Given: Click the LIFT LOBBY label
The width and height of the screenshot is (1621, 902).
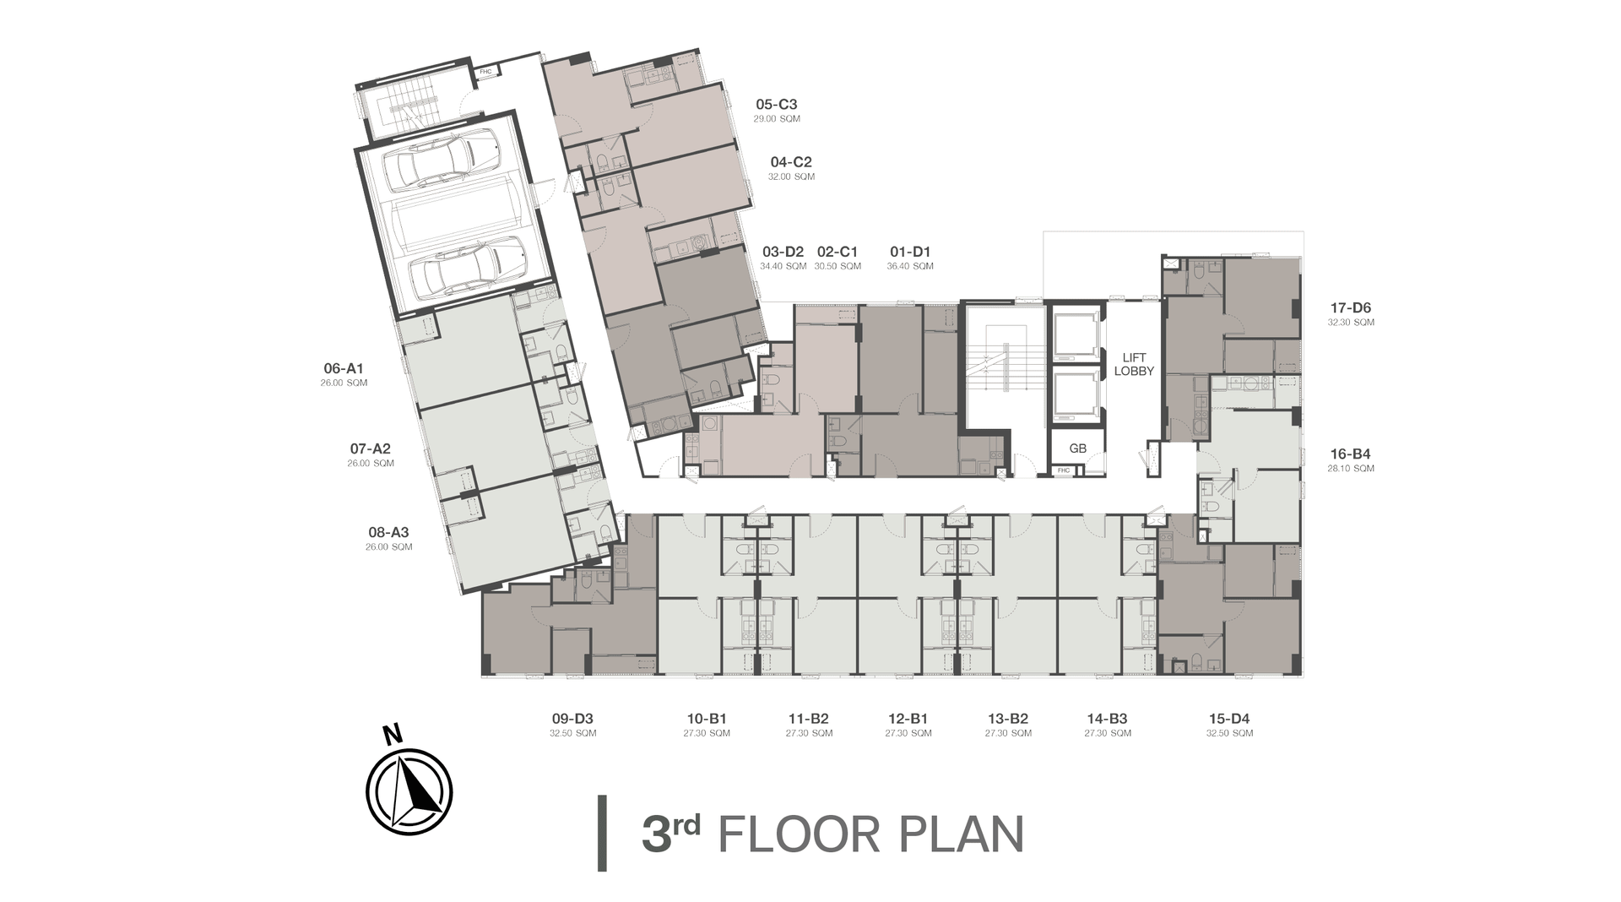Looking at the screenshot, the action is tap(1134, 364).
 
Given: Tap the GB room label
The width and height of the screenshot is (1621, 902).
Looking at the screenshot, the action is tap(1077, 448).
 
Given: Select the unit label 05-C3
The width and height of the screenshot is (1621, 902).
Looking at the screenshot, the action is tap(777, 105).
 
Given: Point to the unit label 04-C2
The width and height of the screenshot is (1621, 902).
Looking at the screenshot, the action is tap(791, 162).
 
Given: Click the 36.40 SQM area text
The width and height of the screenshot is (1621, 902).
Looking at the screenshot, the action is tap(910, 267).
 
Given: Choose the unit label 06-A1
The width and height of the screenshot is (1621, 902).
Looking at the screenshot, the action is tap(344, 369).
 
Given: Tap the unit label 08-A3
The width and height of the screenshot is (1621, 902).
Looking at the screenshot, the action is tap(388, 533).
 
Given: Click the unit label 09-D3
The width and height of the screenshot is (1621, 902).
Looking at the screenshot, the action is tap(572, 719).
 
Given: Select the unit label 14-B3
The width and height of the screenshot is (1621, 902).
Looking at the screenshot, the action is tap(1107, 719).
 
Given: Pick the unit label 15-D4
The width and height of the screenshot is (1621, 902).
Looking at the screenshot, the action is tap(1229, 719).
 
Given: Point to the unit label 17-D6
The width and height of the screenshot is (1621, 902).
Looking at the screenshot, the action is tap(1350, 308).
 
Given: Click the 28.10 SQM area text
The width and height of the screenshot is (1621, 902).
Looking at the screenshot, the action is tap(1351, 469).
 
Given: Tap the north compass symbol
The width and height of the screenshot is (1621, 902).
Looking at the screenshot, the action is tap(409, 791).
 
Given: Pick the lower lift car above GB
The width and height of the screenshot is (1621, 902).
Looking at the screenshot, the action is tap(1076, 396).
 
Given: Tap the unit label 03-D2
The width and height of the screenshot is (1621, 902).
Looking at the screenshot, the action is tap(783, 252).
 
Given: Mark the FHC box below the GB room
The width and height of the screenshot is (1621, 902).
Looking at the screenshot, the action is tap(1064, 470).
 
